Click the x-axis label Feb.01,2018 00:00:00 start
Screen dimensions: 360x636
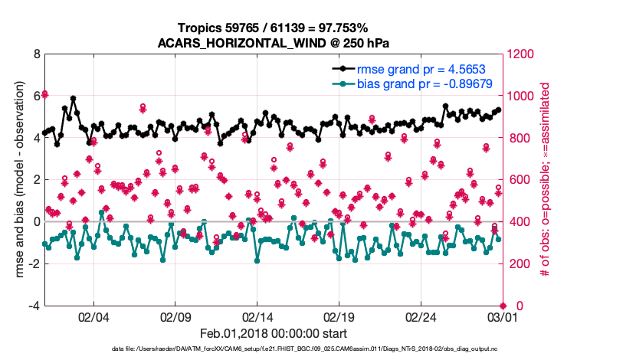tap(273, 333)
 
